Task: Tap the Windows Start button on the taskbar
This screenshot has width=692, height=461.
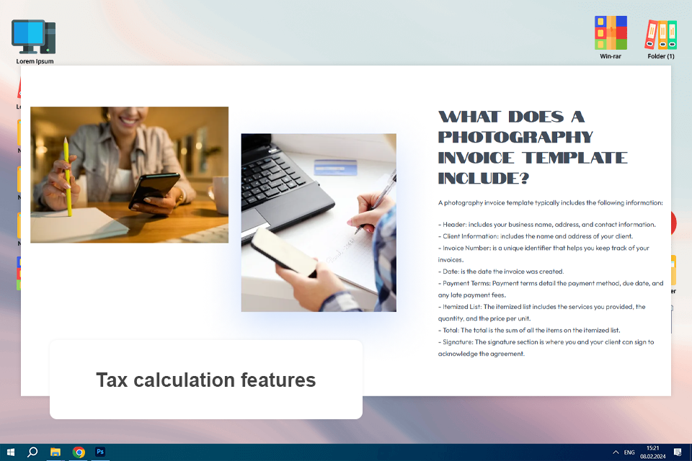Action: coord(11,452)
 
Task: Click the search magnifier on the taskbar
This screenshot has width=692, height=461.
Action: coord(32,452)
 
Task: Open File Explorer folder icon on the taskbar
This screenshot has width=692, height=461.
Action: coord(56,452)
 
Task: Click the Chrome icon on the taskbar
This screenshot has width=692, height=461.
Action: coord(79,452)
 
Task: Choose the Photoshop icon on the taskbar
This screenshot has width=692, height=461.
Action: coord(101,452)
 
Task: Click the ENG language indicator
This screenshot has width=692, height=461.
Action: coord(629,452)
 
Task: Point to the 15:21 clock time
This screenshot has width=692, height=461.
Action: coord(652,448)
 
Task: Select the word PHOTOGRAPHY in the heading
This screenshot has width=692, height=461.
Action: coord(515,137)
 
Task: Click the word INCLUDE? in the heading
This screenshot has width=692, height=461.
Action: coord(484,177)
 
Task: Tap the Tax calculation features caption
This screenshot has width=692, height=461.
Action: coord(205,380)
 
